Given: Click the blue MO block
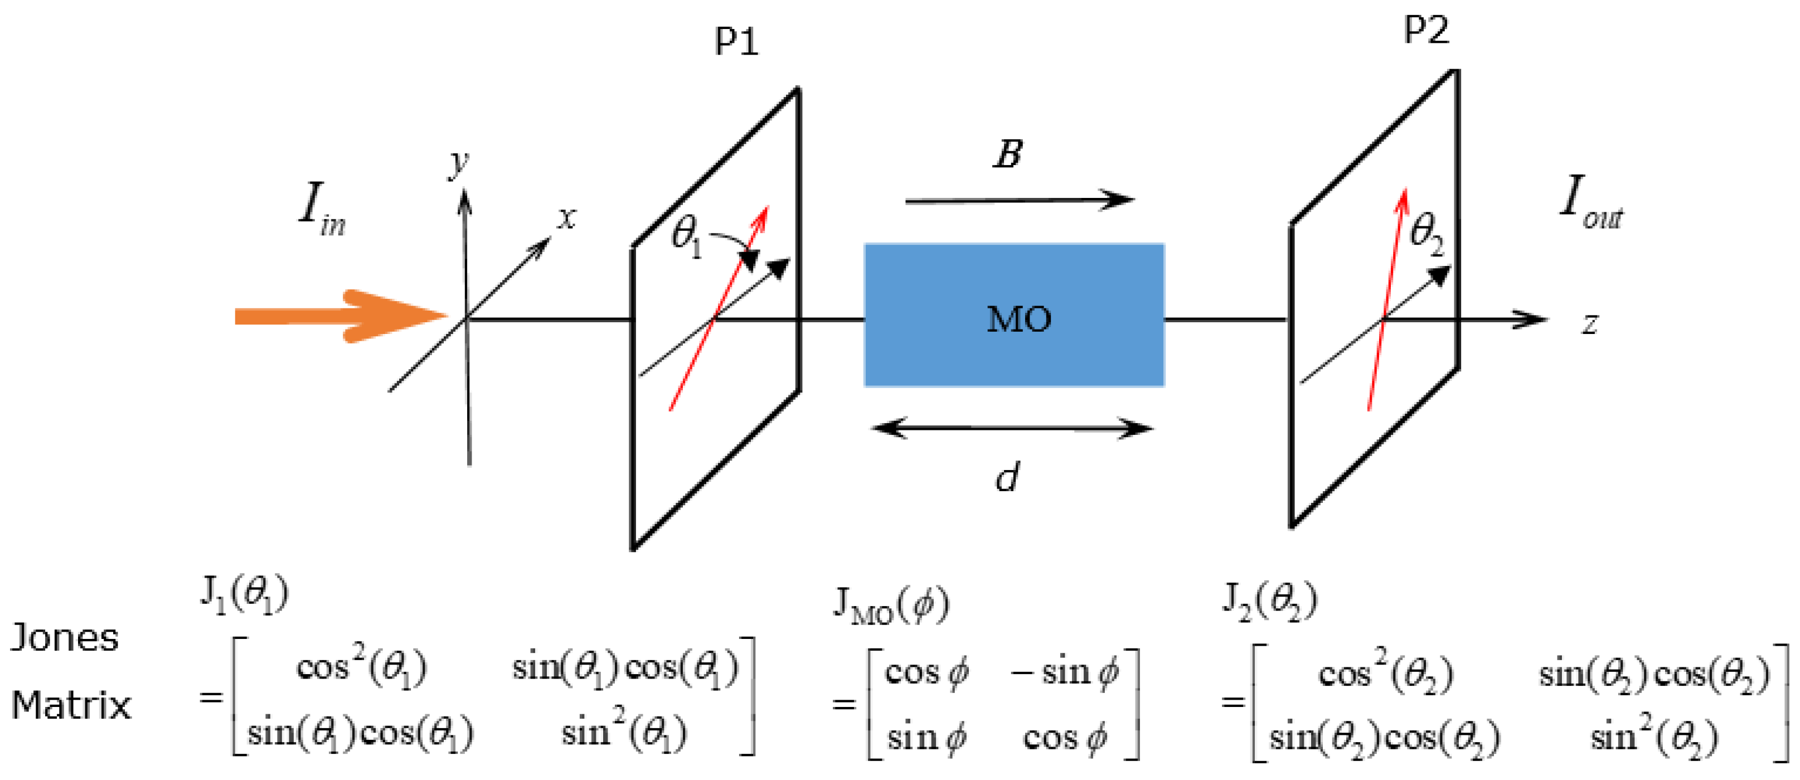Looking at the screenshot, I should (x=1014, y=315).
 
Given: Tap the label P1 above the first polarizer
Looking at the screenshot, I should (x=736, y=42).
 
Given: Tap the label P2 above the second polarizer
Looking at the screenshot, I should (x=1425, y=30).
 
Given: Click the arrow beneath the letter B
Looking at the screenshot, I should (x=1019, y=201).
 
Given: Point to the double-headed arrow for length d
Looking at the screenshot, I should (x=1012, y=428).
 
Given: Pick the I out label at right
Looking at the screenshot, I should (x=1590, y=204).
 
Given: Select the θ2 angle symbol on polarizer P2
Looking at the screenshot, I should (x=1426, y=234).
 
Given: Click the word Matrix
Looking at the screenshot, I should (x=71, y=705).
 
